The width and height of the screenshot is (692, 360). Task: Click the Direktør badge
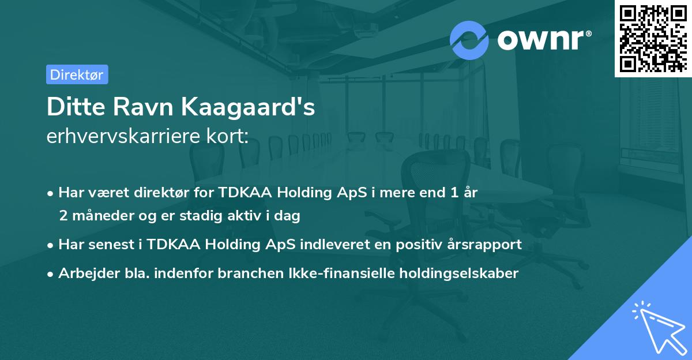(x=77, y=74)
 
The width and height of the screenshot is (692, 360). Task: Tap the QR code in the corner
(x=653, y=38)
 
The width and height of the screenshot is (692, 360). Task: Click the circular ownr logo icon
(x=469, y=40)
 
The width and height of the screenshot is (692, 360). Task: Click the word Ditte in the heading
(x=72, y=108)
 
